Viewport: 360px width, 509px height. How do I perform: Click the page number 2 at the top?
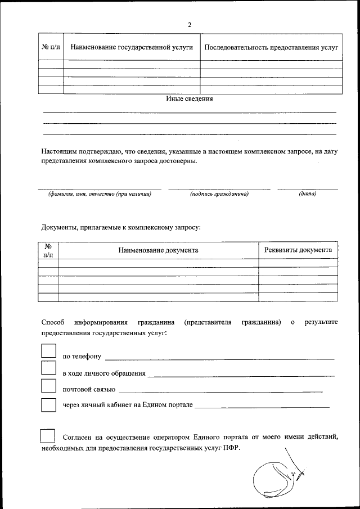coord(190,25)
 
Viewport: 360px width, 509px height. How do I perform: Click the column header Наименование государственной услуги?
coord(131,48)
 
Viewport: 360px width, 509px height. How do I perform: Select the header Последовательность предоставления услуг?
coord(271,48)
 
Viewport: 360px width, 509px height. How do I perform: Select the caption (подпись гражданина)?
coord(219,194)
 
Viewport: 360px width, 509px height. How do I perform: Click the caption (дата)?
coord(308,194)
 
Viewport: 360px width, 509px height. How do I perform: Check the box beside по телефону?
coord(49,351)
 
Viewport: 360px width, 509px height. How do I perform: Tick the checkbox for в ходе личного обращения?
coord(49,368)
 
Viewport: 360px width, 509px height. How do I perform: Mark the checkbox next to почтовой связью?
coord(49,386)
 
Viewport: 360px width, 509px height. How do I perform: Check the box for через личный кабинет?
coord(49,404)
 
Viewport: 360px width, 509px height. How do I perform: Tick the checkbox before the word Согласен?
coord(48,436)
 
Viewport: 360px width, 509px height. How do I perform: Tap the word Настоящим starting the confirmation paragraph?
coord(59,151)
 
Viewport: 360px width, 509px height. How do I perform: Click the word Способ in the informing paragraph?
coord(53,322)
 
